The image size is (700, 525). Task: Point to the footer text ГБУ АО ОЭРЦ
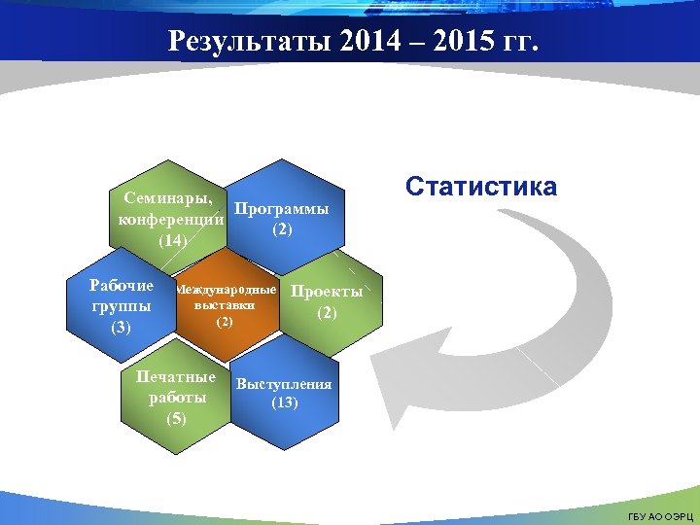click(x=661, y=514)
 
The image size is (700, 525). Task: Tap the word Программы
click(x=281, y=209)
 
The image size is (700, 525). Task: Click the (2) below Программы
click(x=281, y=229)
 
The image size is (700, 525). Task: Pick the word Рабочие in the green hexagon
click(x=121, y=286)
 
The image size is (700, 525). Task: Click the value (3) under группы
click(x=121, y=328)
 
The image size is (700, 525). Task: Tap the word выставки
click(x=225, y=305)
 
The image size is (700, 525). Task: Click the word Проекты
click(x=327, y=292)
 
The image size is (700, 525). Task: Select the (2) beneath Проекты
click(x=327, y=313)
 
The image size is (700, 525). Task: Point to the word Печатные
click(x=176, y=376)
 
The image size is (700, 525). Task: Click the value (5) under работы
click(x=176, y=419)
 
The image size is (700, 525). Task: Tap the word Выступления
click(x=284, y=383)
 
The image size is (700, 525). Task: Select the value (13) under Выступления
click(x=284, y=402)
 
